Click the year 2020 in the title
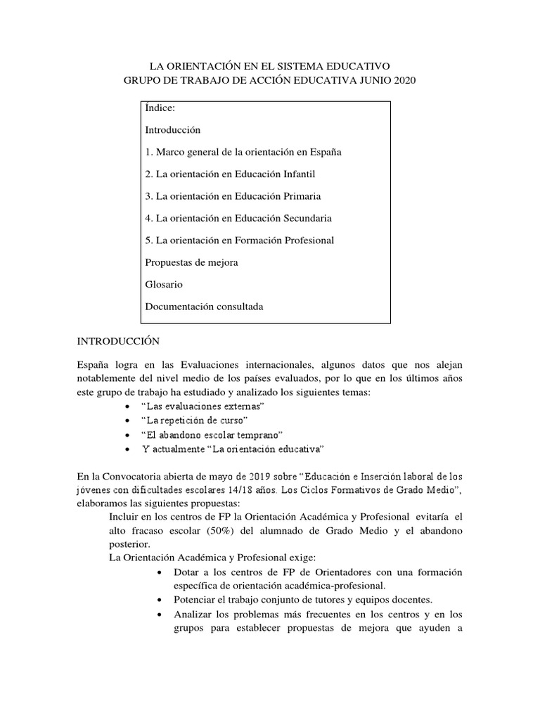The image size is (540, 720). (x=404, y=81)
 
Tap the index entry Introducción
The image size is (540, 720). (x=173, y=130)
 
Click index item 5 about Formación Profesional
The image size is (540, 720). (x=239, y=240)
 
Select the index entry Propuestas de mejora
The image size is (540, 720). (x=191, y=262)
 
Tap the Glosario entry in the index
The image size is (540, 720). (x=164, y=284)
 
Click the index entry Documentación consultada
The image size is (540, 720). (x=204, y=306)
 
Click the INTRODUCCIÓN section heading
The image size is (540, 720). (x=119, y=341)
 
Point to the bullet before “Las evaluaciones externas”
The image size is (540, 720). (x=126, y=408)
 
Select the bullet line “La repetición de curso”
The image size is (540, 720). (x=184, y=421)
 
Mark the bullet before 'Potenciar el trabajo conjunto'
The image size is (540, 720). (x=163, y=600)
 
